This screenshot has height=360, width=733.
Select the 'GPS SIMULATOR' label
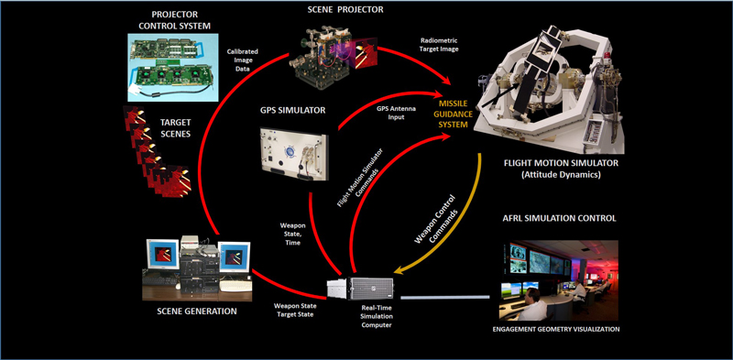tap(292, 110)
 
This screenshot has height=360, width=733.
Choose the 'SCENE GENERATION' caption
tap(197, 311)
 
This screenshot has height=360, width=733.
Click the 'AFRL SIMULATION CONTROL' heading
tap(559, 218)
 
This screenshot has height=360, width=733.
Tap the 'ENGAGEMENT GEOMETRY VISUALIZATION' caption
tap(556, 329)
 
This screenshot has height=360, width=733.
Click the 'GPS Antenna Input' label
tap(390, 115)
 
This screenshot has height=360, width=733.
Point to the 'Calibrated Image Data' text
tap(243, 60)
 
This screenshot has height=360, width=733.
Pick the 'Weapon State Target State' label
tap(295, 311)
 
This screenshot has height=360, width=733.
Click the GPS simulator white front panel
tap(293, 153)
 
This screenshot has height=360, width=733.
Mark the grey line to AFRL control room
tap(445, 297)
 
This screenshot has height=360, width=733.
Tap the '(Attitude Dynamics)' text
tap(561, 175)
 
